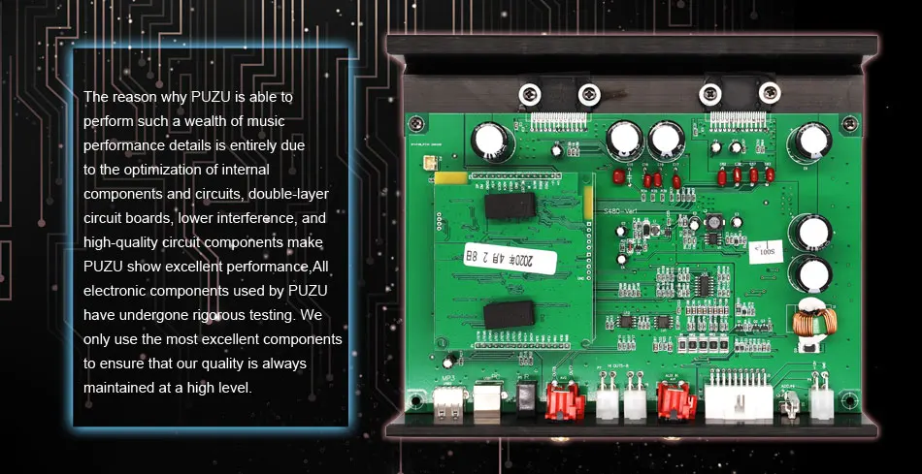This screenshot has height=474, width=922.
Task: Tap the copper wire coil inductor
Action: (x=808, y=326)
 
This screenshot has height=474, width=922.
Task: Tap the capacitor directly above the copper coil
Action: (x=808, y=271)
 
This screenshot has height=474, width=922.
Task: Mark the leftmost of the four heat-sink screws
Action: (x=529, y=94)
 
